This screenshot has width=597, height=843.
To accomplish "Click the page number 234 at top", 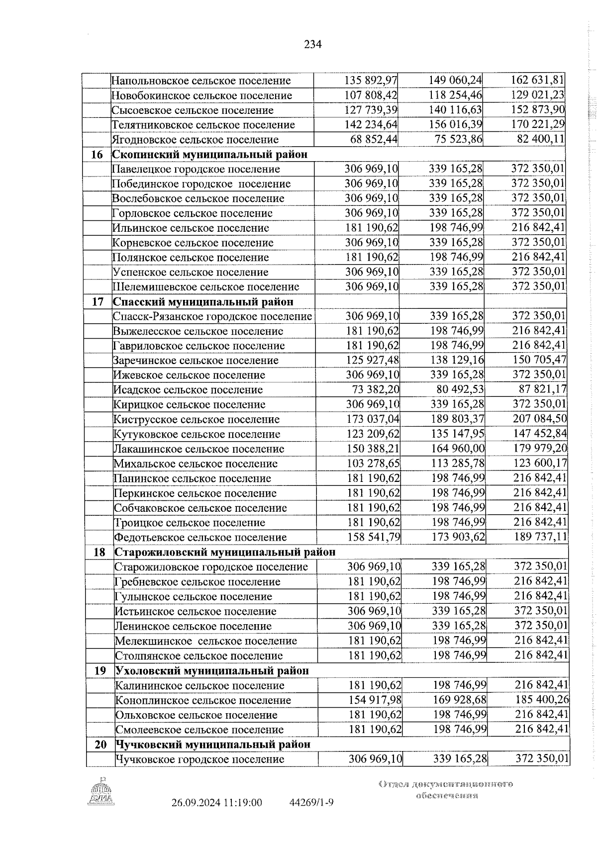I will point(313,45).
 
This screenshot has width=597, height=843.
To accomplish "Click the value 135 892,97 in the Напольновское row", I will point(371,80).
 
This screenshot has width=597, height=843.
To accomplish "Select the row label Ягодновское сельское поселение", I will point(195,140).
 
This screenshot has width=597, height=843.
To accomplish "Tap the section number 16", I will point(97,155).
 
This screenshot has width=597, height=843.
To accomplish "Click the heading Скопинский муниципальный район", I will point(209,155).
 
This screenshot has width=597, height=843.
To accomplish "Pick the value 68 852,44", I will point(374,140).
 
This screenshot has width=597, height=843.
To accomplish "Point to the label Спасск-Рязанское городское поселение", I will point(212,316).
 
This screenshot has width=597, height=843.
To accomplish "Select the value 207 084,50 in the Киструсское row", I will point(540,419).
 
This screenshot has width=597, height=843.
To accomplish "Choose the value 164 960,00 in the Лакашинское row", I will point(458,449).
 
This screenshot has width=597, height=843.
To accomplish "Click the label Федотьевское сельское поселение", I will point(200,538).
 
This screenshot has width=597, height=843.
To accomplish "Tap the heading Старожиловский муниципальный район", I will point(225,552).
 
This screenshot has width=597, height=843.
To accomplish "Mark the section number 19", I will point(100,670).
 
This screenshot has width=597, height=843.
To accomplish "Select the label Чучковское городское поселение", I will point(200,773).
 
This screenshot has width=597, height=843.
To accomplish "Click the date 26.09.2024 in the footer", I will point(196,817).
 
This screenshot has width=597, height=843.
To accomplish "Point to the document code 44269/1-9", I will point(311,817).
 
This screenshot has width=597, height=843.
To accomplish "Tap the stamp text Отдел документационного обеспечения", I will point(446,804).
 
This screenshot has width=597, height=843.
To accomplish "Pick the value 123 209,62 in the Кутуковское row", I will point(373,434).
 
